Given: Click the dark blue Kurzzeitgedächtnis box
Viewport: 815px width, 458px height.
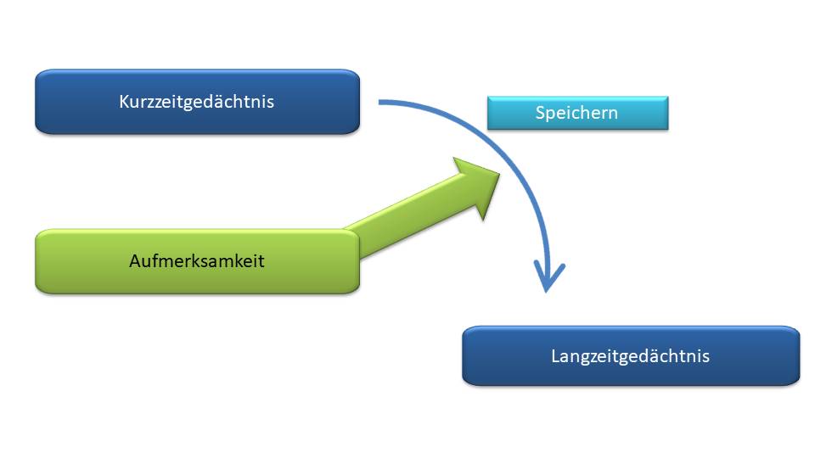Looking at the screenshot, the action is pyautogui.click(x=198, y=102).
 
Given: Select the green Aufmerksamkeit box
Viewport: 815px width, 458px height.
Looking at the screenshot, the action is pyautogui.click(x=198, y=261).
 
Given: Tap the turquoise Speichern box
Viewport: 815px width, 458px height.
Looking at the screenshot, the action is pyautogui.click(x=577, y=113).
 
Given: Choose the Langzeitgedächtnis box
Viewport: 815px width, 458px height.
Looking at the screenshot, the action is pyautogui.click(x=631, y=356).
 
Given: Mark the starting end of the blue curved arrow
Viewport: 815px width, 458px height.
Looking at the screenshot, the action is pyautogui.click(x=380, y=103).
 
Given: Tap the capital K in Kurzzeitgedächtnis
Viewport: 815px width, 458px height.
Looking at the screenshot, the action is pyautogui.click(x=124, y=102).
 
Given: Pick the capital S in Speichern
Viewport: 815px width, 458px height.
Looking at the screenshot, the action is pyautogui.click(x=540, y=113).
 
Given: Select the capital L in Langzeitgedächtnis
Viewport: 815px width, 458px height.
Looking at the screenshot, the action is pyautogui.click(x=555, y=356).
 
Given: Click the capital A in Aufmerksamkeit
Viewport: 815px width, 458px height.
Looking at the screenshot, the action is pyautogui.click(x=136, y=261).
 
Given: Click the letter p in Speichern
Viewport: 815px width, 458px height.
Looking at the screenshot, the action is pyautogui.click(x=550, y=115).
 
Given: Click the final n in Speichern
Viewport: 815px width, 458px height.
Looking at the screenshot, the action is pyautogui.click(x=613, y=114).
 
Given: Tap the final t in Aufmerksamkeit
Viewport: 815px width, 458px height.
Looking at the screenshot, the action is pyautogui.click(x=261, y=262).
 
